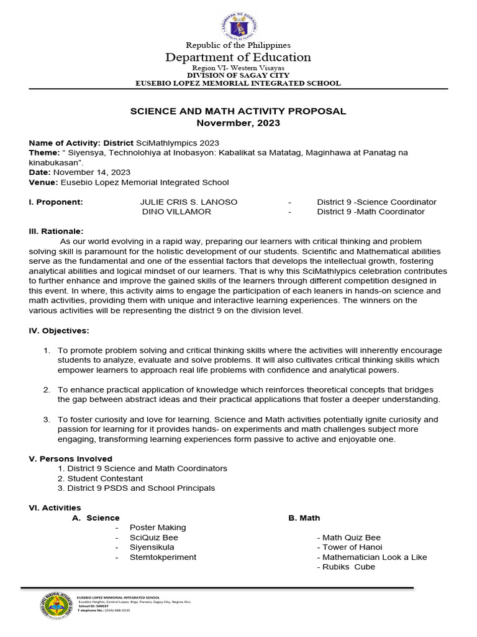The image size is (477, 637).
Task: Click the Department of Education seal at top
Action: (x=238, y=26)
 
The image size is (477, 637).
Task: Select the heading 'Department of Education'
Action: (x=238, y=57)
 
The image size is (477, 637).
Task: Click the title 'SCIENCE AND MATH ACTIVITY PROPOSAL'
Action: (x=238, y=111)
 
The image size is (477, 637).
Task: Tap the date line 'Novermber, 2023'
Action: (x=238, y=123)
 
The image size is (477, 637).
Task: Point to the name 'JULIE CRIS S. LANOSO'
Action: (x=189, y=202)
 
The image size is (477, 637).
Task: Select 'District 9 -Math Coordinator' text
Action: (x=371, y=212)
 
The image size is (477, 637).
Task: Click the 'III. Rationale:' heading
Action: (x=56, y=231)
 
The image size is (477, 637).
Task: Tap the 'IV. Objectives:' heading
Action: (x=59, y=330)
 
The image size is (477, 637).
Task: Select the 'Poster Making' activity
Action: (x=158, y=528)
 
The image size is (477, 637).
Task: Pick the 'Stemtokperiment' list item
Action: (x=163, y=557)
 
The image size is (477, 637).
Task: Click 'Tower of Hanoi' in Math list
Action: (x=349, y=547)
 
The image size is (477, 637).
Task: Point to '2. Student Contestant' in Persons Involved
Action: (x=100, y=478)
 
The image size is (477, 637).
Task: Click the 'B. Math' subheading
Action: (x=304, y=518)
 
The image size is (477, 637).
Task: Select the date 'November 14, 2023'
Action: (x=92, y=172)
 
